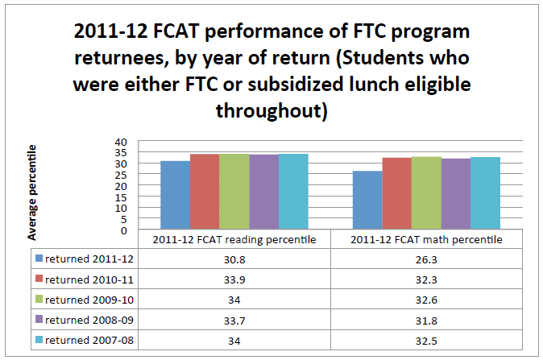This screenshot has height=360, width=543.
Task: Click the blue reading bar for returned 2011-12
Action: point(175,196)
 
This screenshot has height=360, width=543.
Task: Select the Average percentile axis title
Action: point(32,193)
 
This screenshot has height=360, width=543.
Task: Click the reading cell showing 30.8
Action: point(234,259)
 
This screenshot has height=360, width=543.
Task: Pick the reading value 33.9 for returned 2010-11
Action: point(234,279)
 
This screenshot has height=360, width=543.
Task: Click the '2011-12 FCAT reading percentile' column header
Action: point(234,240)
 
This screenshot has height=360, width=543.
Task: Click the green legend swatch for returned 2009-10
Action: point(39,300)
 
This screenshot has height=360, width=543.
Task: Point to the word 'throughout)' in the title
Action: point(271,110)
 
